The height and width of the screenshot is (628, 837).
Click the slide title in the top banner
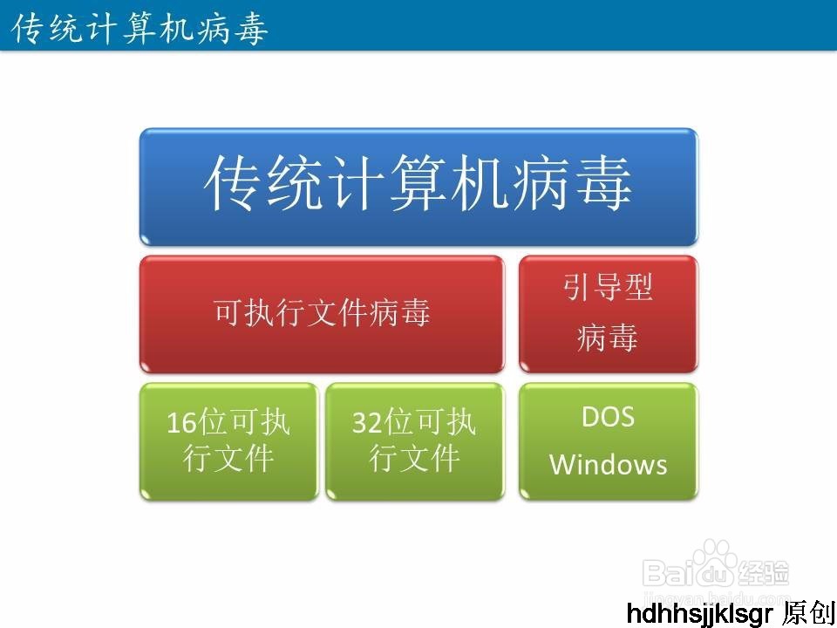(x=140, y=28)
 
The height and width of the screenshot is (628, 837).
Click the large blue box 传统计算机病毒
(x=418, y=186)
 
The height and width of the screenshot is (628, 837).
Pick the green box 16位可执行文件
(x=228, y=440)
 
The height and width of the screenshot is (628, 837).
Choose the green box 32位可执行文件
(x=414, y=440)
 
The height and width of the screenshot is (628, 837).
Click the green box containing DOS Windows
(x=609, y=440)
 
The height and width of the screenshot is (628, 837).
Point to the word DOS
(x=609, y=417)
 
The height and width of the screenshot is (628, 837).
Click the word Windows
(x=609, y=464)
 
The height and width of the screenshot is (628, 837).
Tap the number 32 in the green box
(x=368, y=424)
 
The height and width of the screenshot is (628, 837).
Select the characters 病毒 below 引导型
(x=609, y=338)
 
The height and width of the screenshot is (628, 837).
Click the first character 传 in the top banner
(x=28, y=28)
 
